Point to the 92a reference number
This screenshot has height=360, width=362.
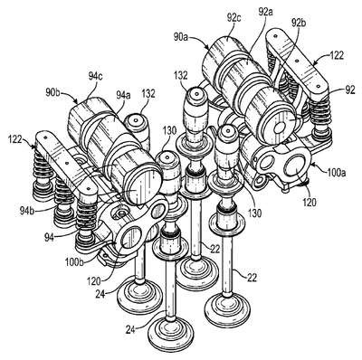pos(266,12)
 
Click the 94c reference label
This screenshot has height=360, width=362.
pos(95,77)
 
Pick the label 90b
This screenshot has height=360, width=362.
pos(53,91)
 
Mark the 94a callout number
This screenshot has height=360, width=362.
pos(123,96)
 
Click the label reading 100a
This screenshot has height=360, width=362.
pos(336,173)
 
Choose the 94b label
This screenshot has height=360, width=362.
pos(27,210)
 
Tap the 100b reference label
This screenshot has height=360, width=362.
pos(74,262)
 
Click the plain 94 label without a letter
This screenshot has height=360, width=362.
pos(49,238)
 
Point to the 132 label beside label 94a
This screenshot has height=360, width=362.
pos(148,94)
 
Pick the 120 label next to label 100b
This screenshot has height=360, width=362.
pos(94,282)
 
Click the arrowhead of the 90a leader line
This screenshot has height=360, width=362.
pos(207,48)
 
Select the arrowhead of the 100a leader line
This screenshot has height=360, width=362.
pos(312,165)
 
